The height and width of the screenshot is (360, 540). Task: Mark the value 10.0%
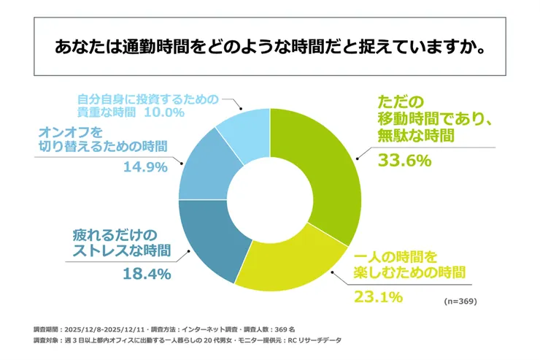click(x=165, y=114)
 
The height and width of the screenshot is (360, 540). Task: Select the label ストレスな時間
click(x=120, y=252)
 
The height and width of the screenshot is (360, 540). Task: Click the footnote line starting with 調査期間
click(x=163, y=329)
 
